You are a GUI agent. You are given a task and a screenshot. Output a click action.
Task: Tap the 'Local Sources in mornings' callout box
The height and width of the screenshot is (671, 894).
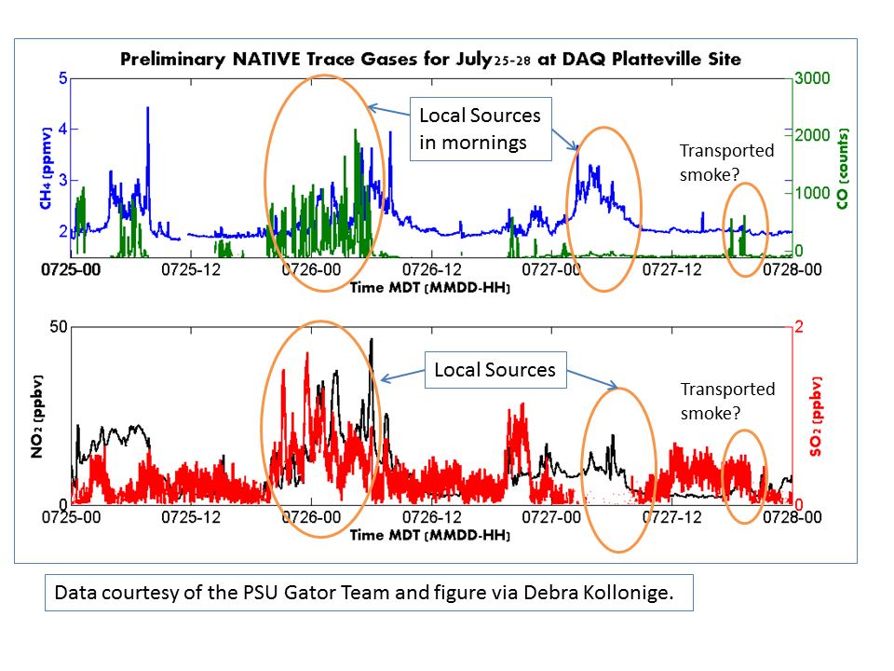coord(480,129)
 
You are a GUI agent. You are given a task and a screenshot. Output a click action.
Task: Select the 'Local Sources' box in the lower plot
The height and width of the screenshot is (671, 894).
coord(494,370)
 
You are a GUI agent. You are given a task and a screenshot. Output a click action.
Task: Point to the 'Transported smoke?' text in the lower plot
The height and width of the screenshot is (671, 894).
coord(727,399)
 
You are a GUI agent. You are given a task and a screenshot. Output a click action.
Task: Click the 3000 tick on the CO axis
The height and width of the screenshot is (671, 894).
coord(810,79)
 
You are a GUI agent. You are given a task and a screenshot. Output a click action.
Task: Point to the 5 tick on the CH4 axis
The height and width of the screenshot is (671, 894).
coord(63,79)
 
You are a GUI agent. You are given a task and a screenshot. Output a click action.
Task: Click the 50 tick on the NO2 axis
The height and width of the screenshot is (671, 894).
coord(58,327)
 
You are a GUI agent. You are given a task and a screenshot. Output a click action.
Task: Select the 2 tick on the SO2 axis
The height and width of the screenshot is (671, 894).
coord(799,327)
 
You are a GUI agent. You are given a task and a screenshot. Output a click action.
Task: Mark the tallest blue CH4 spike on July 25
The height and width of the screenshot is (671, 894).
coord(147,109)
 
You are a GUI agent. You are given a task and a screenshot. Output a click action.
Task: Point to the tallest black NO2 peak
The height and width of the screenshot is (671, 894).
coord(371,341)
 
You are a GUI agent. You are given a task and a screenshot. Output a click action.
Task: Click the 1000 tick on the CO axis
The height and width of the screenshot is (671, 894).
coord(810,193)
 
